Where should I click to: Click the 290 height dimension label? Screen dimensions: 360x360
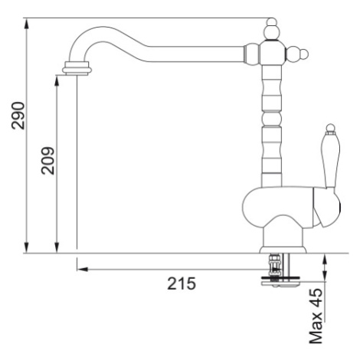point(18,116)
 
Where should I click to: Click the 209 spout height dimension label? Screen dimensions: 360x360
point(47,161)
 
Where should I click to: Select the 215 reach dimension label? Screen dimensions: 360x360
point(182,283)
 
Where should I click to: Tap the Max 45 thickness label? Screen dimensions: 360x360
point(316,316)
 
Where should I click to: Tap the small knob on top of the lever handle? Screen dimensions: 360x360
point(330,128)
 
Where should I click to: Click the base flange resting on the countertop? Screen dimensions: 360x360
point(283,250)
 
